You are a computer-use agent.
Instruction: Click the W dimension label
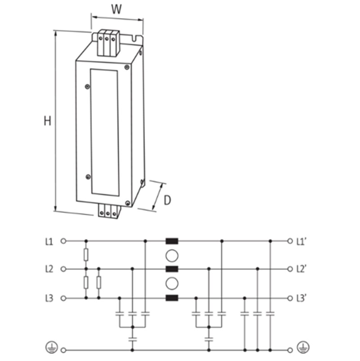tap(117, 9)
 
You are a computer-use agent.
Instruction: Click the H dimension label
tap(47, 121)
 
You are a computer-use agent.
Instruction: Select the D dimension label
tap(167, 200)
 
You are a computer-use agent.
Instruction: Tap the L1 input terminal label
tap(49, 241)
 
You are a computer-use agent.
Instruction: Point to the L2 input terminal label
tap(49, 269)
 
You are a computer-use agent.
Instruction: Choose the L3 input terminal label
tap(49, 298)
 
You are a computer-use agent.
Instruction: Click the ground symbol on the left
tap(51, 346)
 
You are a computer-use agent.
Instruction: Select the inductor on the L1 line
tap(172, 241)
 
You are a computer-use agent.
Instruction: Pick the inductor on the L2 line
tap(172, 269)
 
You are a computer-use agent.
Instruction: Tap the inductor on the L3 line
tap(172, 298)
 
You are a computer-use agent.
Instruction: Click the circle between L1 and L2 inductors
tap(172, 255)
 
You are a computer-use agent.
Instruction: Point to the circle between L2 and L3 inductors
tap(172, 284)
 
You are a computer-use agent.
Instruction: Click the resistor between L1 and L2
tap(86, 255)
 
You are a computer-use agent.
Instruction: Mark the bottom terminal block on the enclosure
tap(108, 211)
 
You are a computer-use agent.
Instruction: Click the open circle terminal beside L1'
tap(290, 241)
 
